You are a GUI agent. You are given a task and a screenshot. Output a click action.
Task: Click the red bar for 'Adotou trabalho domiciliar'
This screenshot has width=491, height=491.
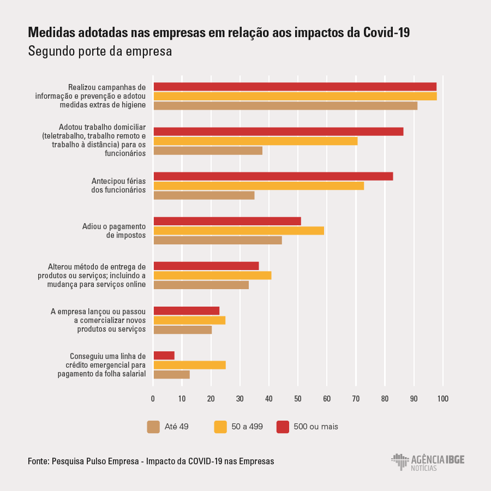[x=278, y=131]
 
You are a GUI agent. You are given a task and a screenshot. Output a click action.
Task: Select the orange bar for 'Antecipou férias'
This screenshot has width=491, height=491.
[x=259, y=185]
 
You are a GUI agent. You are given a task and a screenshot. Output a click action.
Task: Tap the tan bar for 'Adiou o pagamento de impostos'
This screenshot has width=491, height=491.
[x=218, y=240]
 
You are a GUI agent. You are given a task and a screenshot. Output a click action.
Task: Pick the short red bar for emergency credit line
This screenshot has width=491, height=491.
[x=164, y=355]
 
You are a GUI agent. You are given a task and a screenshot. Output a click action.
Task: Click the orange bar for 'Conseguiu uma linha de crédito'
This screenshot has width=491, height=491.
[x=189, y=365]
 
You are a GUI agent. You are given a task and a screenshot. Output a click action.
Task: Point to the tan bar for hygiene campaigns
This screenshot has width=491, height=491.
[x=285, y=105]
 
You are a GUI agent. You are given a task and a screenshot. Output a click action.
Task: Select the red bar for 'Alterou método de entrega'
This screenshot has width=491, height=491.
[x=206, y=266]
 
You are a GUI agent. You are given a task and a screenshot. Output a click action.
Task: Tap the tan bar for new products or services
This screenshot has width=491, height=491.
[x=183, y=330]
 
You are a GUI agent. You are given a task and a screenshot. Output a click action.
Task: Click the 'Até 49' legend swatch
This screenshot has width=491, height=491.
[x=153, y=427]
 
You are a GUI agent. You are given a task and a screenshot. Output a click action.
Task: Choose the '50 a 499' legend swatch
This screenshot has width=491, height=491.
[x=220, y=427]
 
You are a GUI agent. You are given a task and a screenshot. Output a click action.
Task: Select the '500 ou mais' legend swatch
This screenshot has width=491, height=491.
[x=283, y=427]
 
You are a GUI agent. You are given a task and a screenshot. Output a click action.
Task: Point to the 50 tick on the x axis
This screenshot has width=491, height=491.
[x=298, y=399]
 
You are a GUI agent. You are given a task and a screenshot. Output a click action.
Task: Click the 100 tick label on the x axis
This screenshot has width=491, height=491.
[x=443, y=399]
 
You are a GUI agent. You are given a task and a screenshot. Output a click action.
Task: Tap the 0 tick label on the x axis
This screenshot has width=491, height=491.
[x=153, y=399]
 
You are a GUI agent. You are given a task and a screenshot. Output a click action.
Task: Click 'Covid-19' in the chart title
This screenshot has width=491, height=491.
[x=386, y=33]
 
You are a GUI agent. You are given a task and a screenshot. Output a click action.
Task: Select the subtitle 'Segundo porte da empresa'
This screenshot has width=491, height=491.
[x=100, y=51]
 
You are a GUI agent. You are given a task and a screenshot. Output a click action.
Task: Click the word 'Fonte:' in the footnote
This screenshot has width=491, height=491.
[x=39, y=461]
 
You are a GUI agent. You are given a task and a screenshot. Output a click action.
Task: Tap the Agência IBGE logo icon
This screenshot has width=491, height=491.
[x=400, y=462]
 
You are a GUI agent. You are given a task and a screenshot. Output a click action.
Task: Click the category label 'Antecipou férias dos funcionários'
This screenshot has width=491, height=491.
[x=118, y=185]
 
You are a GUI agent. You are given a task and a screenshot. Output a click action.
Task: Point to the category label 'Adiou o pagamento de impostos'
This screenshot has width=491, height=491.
[x=114, y=231]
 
